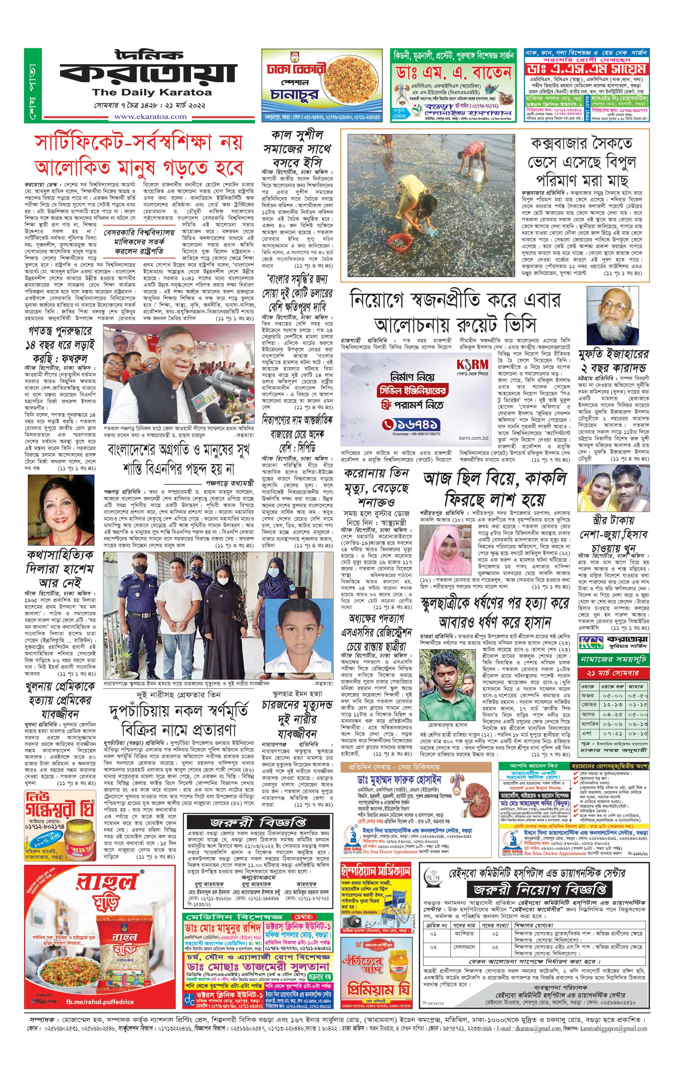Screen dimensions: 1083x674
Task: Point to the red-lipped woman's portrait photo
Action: (x=61, y=511)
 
